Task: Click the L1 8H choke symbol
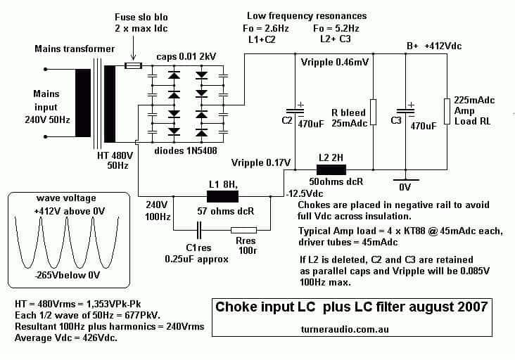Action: (222, 197)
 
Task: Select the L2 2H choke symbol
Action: (331, 169)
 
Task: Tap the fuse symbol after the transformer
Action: (134, 65)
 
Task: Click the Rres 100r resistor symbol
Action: (243, 230)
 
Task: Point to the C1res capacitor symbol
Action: (199, 230)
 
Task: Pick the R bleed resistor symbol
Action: (373, 112)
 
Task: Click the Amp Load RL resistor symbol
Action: (447, 111)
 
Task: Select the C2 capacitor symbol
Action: (295, 112)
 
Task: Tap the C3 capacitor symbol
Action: (406, 112)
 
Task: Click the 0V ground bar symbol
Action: (406, 180)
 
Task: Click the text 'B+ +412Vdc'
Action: (434, 46)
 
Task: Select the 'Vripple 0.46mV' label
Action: (335, 62)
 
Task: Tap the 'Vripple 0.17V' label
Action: (261, 162)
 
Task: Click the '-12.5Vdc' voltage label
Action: (305, 193)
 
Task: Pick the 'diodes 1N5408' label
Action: (186, 150)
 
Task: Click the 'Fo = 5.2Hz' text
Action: (336, 29)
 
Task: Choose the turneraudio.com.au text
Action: (345, 329)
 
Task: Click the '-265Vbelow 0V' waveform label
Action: (68, 275)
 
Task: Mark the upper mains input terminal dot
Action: (46, 69)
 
